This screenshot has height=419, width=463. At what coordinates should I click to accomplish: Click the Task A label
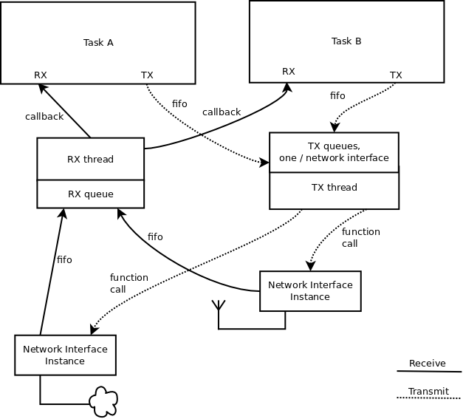[x=98, y=42]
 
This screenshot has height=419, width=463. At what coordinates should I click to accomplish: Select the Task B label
[x=346, y=41]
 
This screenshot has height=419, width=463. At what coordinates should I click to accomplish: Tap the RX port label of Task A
[x=41, y=75]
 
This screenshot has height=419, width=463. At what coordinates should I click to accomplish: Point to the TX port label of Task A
[x=147, y=75]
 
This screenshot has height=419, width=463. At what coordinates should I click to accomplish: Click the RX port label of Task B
[x=289, y=72]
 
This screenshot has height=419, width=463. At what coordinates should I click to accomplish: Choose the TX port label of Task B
[x=396, y=75]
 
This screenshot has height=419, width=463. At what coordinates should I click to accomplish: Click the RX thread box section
[x=90, y=158]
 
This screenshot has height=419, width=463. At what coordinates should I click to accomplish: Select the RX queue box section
[x=90, y=194]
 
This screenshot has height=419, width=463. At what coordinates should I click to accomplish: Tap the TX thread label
[x=334, y=188]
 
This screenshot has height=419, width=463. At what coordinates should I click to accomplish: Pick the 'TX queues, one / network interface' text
[x=334, y=151]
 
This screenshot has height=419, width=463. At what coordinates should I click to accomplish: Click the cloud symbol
[x=103, y=402]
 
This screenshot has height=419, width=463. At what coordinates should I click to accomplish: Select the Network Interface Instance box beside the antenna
[x=310, y=290]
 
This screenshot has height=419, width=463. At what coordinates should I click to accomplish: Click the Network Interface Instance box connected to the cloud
[x=65, y=355]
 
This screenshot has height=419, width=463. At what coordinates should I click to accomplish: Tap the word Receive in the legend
[x=427, y=363]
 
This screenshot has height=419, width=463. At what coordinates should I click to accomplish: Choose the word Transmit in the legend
[x=428, y=392]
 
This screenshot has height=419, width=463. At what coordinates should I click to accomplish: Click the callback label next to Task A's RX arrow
[x=44, y=116]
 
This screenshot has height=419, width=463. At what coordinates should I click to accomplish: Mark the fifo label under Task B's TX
[x=337, y=96]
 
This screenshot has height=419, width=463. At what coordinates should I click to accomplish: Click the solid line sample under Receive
[x=428, y=371]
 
